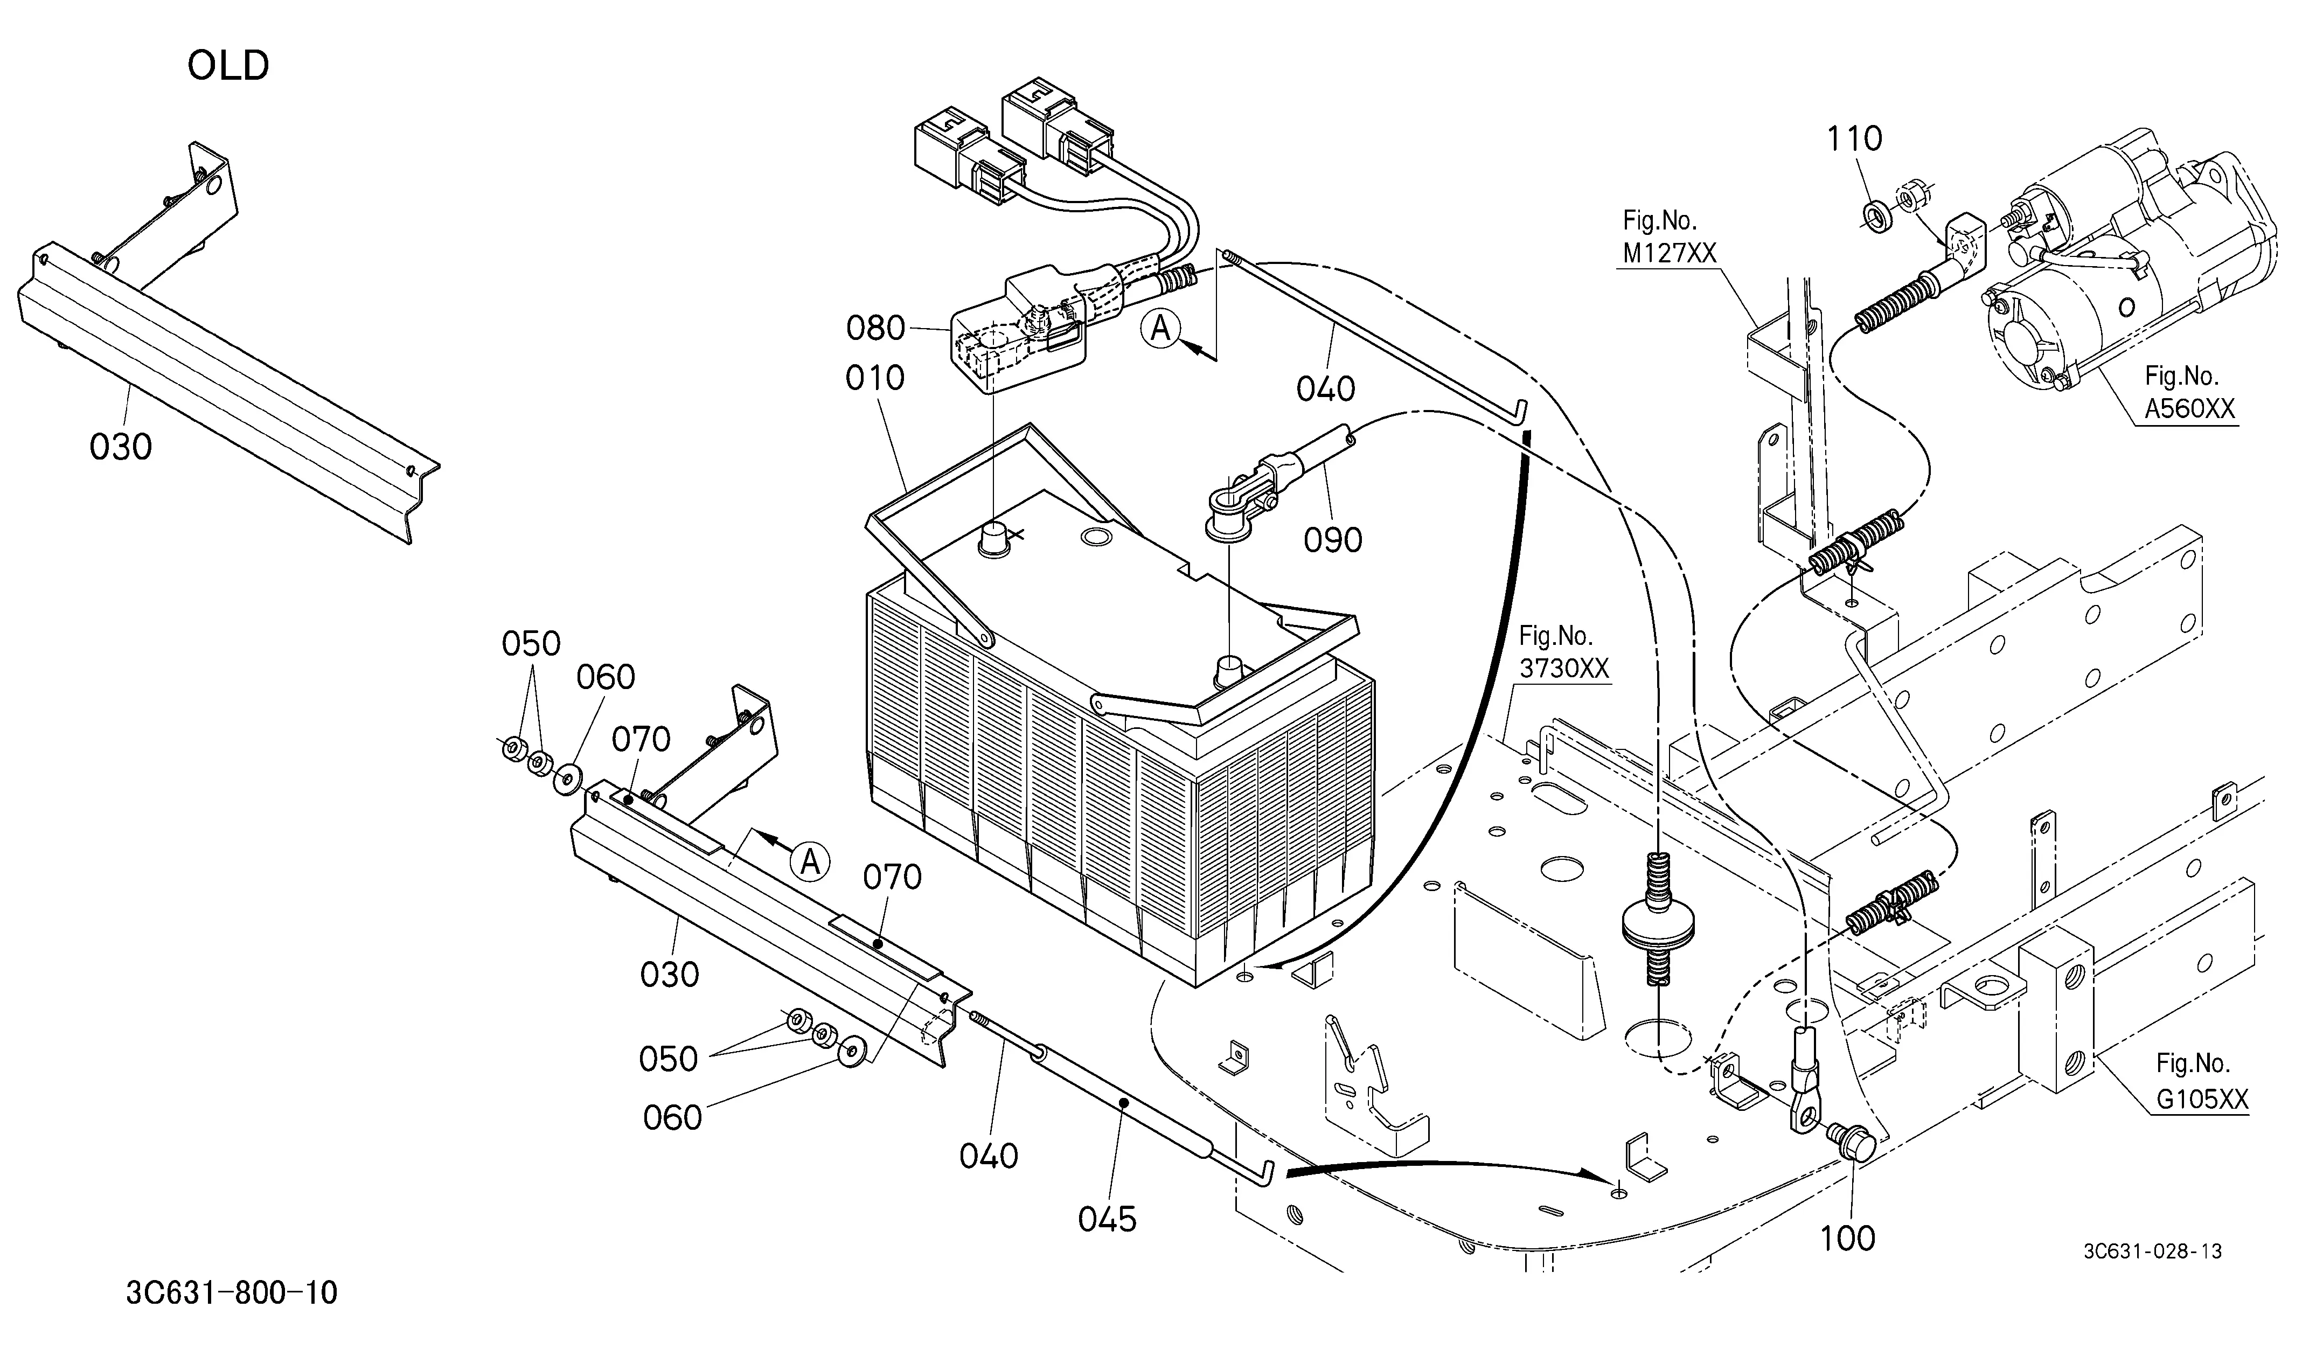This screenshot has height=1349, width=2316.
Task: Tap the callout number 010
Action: point(875,378)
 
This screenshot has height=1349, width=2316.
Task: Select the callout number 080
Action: point(875,328)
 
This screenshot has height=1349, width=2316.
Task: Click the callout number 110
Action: point(1854,139)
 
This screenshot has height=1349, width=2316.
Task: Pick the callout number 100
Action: point(1847,1239)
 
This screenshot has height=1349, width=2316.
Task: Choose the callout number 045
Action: point(1108,1219)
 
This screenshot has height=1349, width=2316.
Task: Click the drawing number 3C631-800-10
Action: point(232,1293)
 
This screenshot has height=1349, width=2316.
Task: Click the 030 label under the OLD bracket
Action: point(120,448)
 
